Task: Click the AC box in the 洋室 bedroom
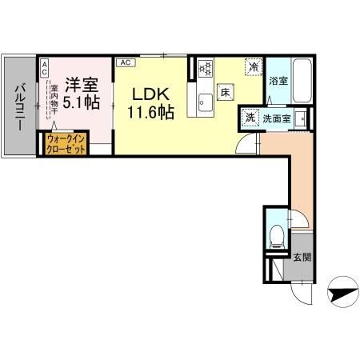[x=45, y=66]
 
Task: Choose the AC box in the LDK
[x=125, y=61]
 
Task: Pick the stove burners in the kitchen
[x=203, y=69]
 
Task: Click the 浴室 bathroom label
[x=278, y=82]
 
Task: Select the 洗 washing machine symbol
[x=250, y=117]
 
